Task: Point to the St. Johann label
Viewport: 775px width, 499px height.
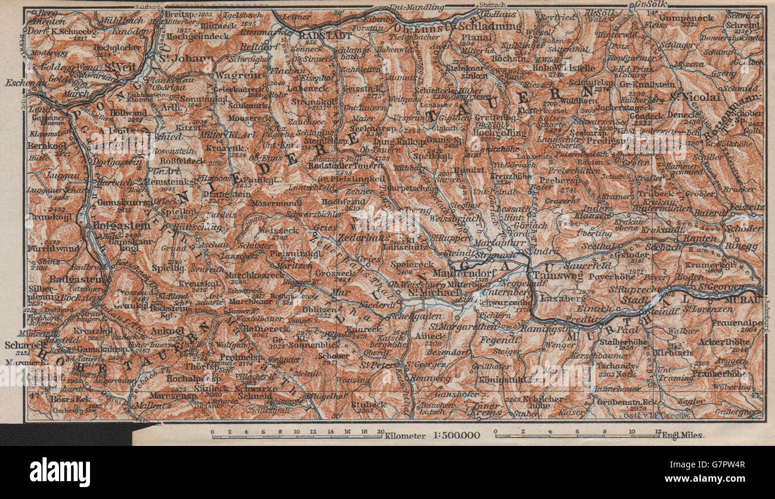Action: [x=177, y=58]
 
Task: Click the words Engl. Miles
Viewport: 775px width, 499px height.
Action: [x=683, y=435]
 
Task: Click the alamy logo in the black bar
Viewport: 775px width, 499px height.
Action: [x=60, y=472]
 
